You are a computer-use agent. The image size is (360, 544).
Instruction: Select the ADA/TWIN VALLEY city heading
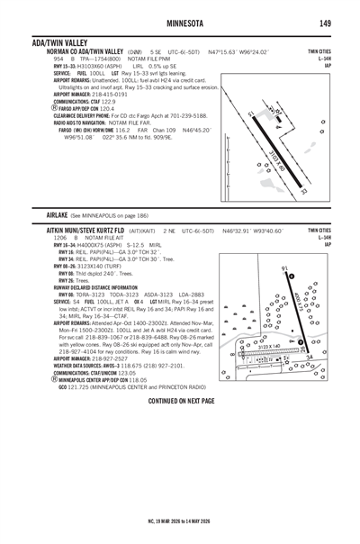[59, 42]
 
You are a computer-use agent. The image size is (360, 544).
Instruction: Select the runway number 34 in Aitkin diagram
[310, 357]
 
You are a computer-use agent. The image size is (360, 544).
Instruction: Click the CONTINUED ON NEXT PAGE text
[179, 399]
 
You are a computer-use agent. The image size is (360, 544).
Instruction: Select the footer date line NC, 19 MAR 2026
[179, 520]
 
